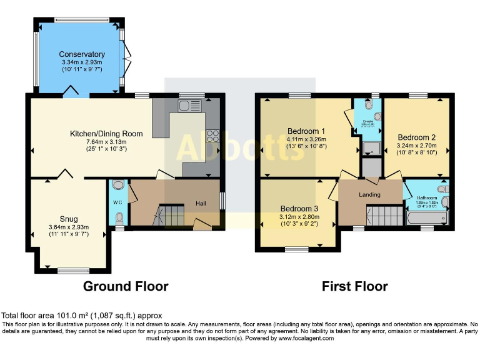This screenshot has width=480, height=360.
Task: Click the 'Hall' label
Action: [200, 203]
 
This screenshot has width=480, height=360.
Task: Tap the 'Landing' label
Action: [369, 195]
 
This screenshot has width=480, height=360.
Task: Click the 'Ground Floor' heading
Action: [126, 286]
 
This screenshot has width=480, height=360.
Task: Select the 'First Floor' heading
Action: [354, 286]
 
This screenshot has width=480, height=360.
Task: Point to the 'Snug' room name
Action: [69, 219]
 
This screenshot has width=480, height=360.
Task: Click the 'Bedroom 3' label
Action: [299, 208]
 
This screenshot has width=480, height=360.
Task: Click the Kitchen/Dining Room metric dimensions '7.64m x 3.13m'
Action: [106, 142]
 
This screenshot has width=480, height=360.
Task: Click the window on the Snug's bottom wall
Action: [73, 270]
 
